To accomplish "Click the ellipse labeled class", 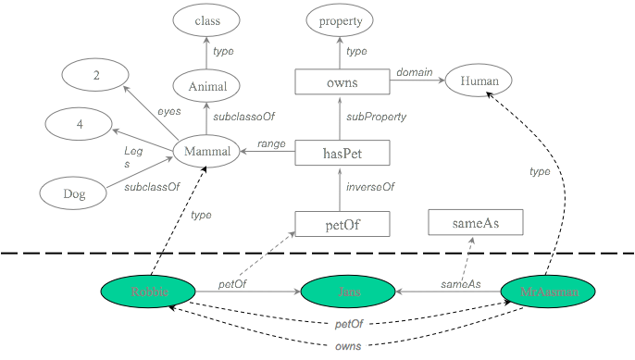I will click(x=206, y=19).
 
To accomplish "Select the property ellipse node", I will click(x=340, y=19).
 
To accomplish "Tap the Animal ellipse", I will click(x=207, y=86).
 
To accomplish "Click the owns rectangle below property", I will click(x=341, y=83).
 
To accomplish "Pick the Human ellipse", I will click(x=479, y=82).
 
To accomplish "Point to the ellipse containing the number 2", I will click(x=96, y=76).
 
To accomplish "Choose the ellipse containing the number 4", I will click(x=81, y=123).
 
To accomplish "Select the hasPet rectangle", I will click(x=342, y=154).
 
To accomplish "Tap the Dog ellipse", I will click(x=74, y=193).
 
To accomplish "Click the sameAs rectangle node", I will click(x=476, y=223).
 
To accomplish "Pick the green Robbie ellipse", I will click(x=148, y=292).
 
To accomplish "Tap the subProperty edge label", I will click(x=376, y=118).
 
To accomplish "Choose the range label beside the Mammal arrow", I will click(x=270, y=144).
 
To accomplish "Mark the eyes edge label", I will click(x=168, y=111).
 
